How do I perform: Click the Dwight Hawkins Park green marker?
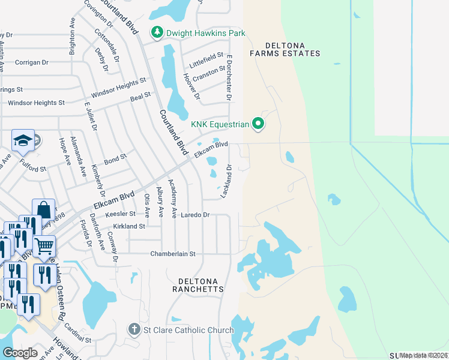tap(157, 32)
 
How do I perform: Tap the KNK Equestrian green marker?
tap(259, 124)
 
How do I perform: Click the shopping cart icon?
tap(44, 245)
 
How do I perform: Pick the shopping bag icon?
tap(44, 209)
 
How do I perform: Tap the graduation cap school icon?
tap(23, 141)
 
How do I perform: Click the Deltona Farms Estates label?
tap(285, 49)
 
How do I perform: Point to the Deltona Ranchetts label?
tap(200, 284)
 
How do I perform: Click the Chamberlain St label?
tap(173, 254)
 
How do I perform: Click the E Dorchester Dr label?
tap(229, 77)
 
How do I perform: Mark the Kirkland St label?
tap(129, 226)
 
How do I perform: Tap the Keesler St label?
tap(120, 214)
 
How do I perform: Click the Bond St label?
tap(115, 158)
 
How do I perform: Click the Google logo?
tap(20, 353)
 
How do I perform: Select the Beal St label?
tap(140, 96)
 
